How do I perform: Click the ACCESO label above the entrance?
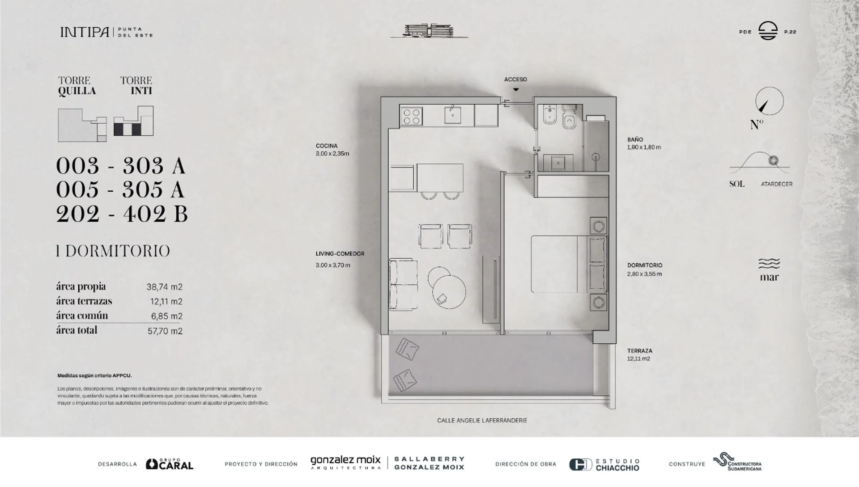(515, 79)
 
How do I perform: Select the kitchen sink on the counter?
(453, 115)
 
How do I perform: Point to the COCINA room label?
(327, 145)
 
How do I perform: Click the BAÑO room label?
(635, 140)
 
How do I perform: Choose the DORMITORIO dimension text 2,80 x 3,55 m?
(644, 274)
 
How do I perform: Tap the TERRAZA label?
(640, 351)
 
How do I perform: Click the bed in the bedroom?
(569, 264)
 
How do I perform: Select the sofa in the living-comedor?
(403, 284)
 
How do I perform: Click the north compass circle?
(770, 101)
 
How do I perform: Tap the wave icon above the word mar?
(769, 263)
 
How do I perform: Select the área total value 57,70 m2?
(165, 331)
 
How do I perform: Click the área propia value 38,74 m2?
(165, 287)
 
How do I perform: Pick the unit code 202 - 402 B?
(122, 214)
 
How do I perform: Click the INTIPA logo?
(106, 32)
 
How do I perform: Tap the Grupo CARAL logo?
(170, 464)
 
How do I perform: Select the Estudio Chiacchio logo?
(604, 465)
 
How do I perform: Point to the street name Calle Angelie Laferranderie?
(482, 421)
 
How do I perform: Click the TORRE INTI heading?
(136, 85)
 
